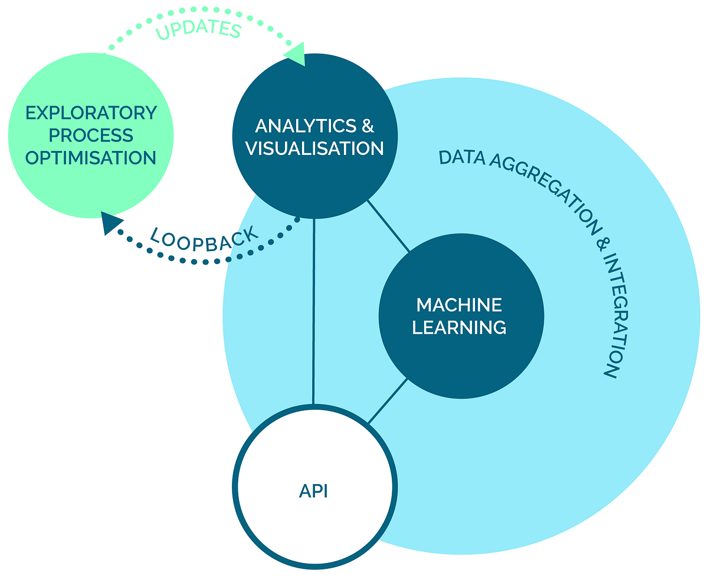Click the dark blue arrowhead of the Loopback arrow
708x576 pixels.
tap(110, 223)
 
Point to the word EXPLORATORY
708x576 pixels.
tap(91, 113)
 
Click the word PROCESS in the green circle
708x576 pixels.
tap(91, 136)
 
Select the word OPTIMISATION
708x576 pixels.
tap(91, 158)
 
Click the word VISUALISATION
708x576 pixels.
tap(314, 148)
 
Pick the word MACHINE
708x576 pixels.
tap(459, 305)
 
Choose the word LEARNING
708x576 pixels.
tap(459, 327)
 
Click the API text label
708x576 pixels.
tap(313, 491)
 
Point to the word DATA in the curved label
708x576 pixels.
tap(458, 157)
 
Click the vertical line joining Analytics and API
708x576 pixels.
tap(314, 312)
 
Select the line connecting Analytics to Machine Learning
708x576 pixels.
tap(388, 226)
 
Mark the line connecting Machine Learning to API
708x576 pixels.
tap(388, 401)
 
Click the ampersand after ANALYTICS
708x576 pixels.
tap(367, 126)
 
